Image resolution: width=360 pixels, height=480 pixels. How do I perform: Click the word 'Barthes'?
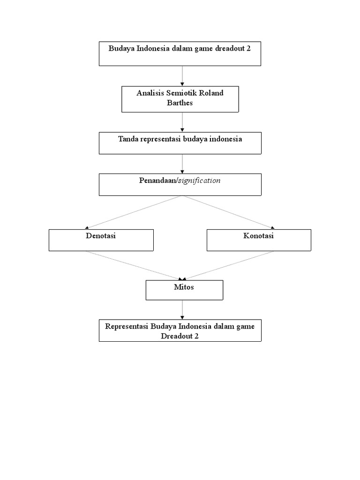180,102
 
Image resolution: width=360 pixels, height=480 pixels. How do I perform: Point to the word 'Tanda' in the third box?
129,139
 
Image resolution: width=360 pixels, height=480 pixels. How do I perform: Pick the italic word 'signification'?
199,180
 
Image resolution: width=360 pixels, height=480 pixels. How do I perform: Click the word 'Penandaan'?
157,180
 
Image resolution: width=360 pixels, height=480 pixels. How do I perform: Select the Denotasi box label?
101,236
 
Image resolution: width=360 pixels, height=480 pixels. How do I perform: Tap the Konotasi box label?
258,236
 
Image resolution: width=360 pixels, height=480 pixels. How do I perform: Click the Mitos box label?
184,287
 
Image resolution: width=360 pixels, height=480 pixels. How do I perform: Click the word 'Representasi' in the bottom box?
127,326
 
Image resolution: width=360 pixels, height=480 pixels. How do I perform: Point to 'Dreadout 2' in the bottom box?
180,336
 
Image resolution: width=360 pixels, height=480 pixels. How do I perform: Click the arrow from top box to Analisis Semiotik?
182,76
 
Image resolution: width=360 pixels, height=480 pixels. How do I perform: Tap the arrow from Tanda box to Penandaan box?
182,164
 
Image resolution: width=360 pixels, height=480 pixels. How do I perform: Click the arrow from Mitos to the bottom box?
182,309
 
